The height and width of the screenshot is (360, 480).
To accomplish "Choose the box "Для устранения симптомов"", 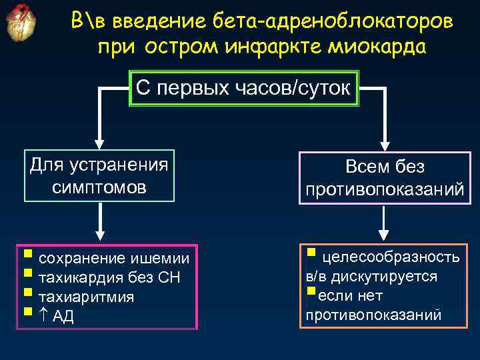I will (99, 175).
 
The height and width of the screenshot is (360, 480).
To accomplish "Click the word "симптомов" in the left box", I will (99, 187).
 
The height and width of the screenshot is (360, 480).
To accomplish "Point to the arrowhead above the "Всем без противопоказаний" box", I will (385, 144).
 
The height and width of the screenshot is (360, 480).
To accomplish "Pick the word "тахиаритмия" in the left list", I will (87, 297).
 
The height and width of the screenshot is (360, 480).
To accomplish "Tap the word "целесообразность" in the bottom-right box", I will (391, 257).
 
